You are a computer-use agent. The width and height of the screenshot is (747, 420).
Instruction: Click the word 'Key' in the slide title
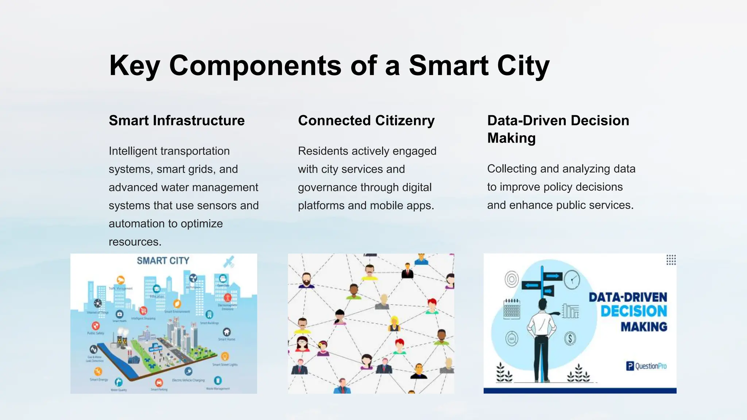tap(134, 66)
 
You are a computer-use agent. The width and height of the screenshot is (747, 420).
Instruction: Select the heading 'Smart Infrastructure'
tap(177, 121)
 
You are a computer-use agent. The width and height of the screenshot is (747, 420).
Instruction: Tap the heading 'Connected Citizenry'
tap(366, 121)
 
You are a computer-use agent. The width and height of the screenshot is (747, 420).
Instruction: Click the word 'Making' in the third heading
tap(511, 138)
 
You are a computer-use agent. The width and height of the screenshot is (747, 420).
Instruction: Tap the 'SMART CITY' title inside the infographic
tap(163, 261)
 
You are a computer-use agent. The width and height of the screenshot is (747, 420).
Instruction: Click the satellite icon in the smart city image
tap(229, 262)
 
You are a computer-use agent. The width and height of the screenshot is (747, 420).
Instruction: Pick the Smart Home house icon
tap(227, 332)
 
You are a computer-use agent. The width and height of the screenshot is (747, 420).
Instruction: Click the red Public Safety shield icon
tap(96, 326)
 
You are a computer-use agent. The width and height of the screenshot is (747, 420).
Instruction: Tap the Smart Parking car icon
tap(159, 382)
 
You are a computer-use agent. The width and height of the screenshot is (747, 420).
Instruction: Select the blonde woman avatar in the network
tap(394, 323)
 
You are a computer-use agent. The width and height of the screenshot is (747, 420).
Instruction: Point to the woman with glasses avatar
tap(302, 343)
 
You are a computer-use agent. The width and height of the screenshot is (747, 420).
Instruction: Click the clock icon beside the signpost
tap(572, 280)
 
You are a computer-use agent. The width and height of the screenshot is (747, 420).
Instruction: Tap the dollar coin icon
tap(570, 338)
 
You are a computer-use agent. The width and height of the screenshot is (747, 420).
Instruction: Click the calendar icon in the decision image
tap(511, 309)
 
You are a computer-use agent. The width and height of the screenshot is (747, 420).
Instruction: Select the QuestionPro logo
tap(646, 366)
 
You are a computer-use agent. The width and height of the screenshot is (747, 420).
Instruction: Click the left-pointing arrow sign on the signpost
tap(531, 285)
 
